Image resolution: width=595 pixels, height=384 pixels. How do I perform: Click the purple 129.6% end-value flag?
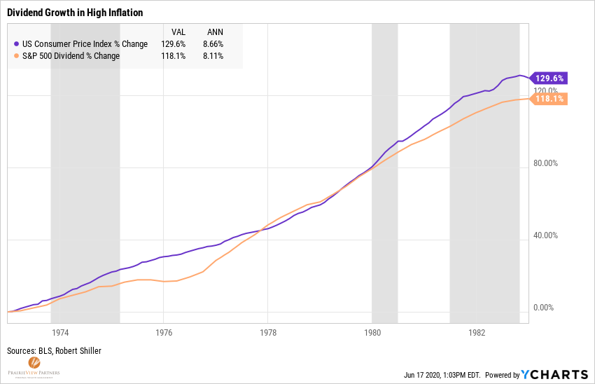pos(549,78)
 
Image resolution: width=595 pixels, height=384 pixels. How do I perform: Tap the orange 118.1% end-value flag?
pos(549,100)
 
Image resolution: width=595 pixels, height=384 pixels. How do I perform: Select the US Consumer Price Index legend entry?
pos(80,44)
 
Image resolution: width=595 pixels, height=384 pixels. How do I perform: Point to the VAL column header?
pos(178,32)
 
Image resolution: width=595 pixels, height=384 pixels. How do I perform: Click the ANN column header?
pos(215,32)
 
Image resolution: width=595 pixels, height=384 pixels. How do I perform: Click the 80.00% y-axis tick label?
pos(545,163)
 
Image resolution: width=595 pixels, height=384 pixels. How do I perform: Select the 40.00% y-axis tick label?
pos(545,235)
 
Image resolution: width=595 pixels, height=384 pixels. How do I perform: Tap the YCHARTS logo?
pos(556,374)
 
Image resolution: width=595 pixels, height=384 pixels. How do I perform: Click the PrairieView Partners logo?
pos(34,367)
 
